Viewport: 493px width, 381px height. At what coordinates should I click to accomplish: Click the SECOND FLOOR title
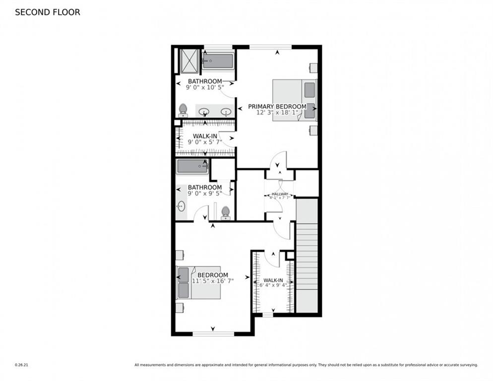[x=47, y=12]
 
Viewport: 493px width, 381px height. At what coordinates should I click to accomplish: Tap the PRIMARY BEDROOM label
[x=277, y=106]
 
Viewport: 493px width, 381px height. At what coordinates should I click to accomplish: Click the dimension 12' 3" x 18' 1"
[x=277, y=113]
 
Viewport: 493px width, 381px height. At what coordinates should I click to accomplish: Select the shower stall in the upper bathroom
[x=189, y=61]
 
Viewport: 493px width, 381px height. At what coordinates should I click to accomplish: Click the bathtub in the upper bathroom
[x=218, y=62]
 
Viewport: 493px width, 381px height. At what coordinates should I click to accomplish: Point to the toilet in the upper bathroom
[x=183, y=110]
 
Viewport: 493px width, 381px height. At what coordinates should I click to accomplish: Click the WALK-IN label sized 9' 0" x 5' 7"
[x=204, y=136]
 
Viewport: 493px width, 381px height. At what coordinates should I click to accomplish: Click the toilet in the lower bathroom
[x=226, y=212]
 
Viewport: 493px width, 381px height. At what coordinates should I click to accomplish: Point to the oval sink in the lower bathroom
[x=181, y=205]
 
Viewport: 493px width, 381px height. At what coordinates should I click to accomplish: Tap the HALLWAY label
[x=279, y=194]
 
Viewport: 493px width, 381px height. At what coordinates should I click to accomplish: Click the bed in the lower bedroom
[x=198, y=283]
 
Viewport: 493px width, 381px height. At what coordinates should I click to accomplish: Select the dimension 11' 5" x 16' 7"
[x=212, y=281]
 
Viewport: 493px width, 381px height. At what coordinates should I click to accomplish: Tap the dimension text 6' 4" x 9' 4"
[x=273, y=285]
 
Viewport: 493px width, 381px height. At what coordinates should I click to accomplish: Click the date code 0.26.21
[x=21, y=365]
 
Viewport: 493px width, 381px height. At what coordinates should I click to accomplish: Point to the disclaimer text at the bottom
[x=306, y=365]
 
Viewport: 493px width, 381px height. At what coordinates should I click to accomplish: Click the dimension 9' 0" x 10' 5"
[x=204, y=87]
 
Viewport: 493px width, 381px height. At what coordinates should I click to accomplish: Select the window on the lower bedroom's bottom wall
[x=213, y=333]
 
